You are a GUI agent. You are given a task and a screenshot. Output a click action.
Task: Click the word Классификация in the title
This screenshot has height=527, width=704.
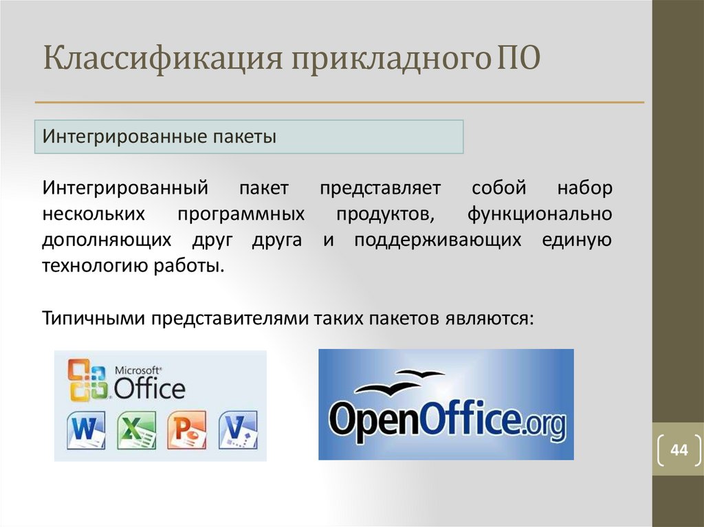[x=163, y=59]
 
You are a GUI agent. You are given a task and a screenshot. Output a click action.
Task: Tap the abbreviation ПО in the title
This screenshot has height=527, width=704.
[x=518, y=58]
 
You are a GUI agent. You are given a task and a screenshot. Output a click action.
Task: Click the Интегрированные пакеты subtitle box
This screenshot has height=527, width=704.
[x=249, y=137]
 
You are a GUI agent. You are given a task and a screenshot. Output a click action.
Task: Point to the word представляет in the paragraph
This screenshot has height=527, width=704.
[x=380, y=188]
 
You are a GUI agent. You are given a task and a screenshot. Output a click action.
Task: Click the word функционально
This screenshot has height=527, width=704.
[x=540, y=214]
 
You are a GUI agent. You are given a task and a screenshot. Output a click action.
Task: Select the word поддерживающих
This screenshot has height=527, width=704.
[x=437, y=240]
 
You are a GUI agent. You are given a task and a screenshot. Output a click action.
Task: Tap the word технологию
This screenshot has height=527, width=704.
[x=94, y=266]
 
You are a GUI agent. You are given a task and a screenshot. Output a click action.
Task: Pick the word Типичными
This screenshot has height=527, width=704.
[x=93, y=319]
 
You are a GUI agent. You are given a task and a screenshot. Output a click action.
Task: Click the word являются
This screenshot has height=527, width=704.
[x=489, y=319]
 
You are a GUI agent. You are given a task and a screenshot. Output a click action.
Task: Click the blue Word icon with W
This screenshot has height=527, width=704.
[x=86, y=430]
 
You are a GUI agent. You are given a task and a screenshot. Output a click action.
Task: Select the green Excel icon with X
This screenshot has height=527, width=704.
[x=137, y=430]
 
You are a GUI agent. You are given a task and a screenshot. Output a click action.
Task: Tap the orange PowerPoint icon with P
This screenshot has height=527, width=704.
[x=187, y=430]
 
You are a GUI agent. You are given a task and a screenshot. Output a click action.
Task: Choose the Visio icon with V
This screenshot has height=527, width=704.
[x=238, y=430]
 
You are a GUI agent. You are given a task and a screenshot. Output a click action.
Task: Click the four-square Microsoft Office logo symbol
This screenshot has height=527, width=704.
[x=87, y=380]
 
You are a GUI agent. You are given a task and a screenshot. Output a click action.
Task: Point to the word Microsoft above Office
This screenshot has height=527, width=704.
[x=137, y=371]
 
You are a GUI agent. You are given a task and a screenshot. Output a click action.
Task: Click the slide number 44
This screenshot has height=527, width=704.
[x=679, y=449]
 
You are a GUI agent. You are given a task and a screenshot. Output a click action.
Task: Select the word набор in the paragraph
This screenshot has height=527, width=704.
[x=584, y=188]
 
